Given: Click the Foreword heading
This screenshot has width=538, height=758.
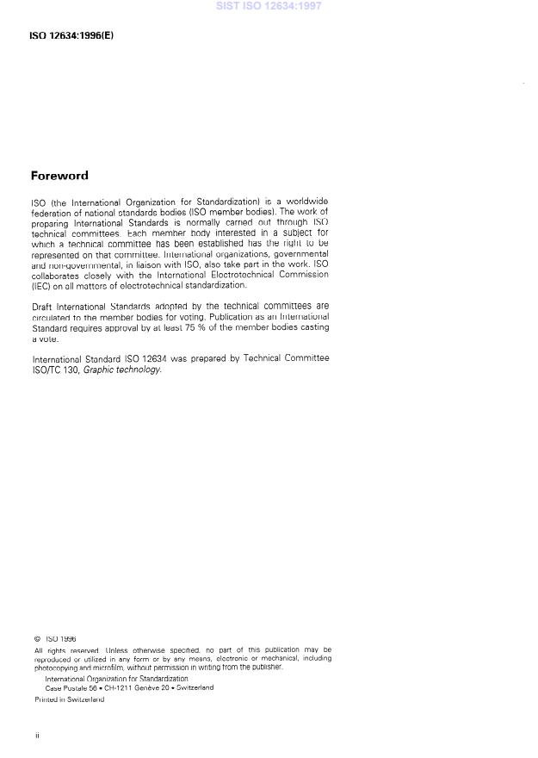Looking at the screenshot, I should pyautogui.click(x=59, y=176).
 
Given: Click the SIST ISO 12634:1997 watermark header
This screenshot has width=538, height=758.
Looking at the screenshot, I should pyautogui.click(x=269, y=6).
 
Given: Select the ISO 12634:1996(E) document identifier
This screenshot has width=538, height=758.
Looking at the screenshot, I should pyautogui.click(x=71, y=36).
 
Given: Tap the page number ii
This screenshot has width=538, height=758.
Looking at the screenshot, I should pyautogui.click(x=36, y=736).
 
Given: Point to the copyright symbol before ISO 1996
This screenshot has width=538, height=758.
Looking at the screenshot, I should pyautogui.click(x=37, y=638).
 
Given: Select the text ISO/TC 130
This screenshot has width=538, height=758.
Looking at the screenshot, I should pyautogui.click(x=53, y=370).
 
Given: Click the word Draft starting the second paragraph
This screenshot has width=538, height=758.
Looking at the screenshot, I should pyautogui.click(x=42, y=307).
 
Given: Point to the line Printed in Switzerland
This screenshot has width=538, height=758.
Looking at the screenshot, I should pyautogui.click(x=69, y=699).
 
